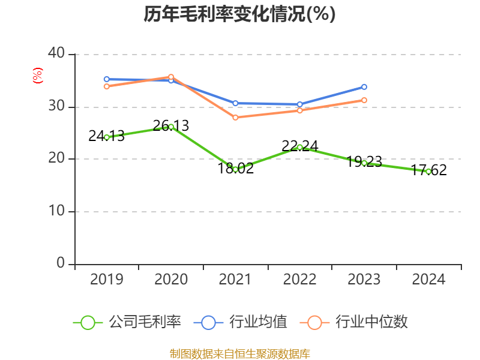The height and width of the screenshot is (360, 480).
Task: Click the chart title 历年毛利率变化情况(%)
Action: tap(239, 14)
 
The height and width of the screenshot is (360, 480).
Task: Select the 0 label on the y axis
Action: tap(61, 263)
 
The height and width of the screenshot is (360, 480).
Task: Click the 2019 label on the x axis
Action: tap(106, 280)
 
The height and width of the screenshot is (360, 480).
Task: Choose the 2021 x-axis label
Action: tap(235, 280)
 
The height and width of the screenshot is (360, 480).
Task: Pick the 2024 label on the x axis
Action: tap(428, 280)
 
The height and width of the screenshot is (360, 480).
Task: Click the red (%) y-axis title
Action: tap(37, 76)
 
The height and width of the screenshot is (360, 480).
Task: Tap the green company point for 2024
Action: tap(428, 172)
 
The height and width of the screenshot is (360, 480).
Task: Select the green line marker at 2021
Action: tap(235, 169)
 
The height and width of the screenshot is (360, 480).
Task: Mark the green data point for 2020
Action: tap(171, 127)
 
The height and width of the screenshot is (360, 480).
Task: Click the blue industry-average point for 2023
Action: tap(364, 87)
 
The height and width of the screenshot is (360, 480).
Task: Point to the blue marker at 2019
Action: tap(106, 79)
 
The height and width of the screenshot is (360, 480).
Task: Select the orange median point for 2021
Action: tap(235, 118)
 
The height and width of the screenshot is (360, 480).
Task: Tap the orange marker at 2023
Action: tap(364, 100)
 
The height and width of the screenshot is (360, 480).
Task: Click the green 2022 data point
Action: tap(300, 147)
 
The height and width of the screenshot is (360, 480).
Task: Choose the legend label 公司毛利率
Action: tap(145, 322)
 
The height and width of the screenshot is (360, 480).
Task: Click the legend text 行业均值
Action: tap(259, 322)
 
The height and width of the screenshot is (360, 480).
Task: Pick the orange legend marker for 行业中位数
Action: tap(314, 323)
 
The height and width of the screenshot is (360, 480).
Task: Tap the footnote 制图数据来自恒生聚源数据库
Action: tap(239, 353)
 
